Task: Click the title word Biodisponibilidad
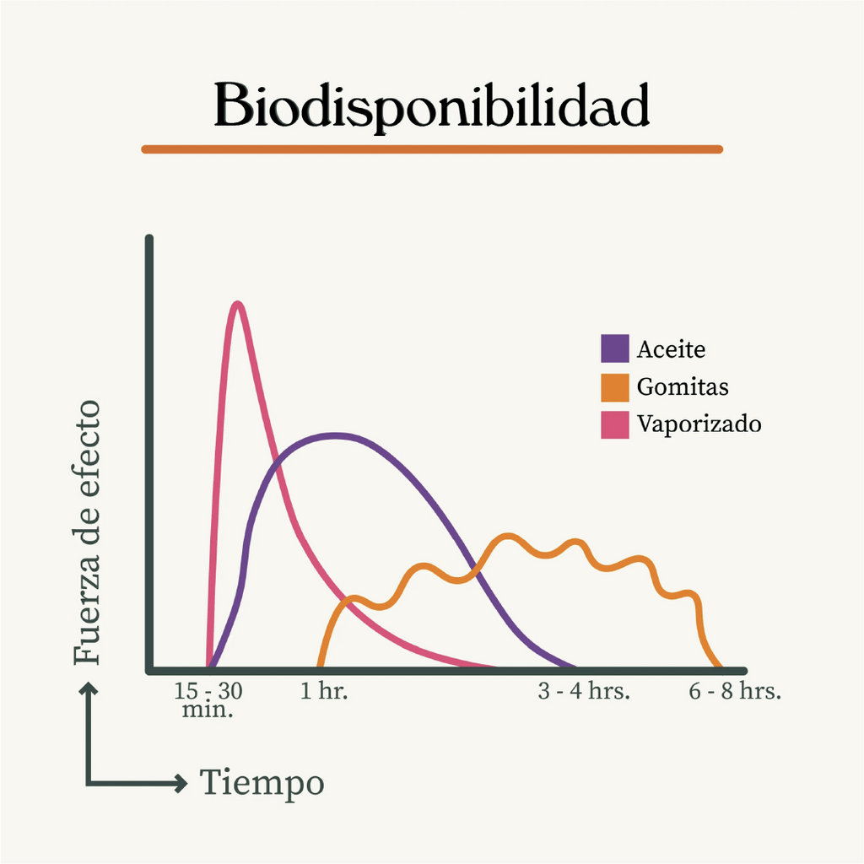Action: tap(431, 106)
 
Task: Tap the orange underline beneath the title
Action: tap(432, 149)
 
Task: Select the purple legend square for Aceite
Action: tap(615, 348)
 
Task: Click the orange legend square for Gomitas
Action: tap(615, 388)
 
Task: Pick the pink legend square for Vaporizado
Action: tap(615, 425)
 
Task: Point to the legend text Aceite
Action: tap(671, 349)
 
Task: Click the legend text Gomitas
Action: tap(683, 386)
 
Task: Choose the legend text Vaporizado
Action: tap(699, 424)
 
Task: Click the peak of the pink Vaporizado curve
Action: tap(237, 304)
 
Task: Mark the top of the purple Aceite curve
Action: tap(334, 436)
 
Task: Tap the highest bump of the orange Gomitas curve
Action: tap(507, 536)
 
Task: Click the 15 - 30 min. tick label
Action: tap(208, 699)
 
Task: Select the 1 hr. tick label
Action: tap(324, 691)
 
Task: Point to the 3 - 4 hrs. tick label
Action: tap(584, 691)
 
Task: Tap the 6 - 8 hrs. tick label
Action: tap(735, 691)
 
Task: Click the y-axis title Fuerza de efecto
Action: tap(87, 532)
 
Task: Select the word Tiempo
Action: tap(262, 783)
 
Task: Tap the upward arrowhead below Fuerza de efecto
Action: tap(88, 688)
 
